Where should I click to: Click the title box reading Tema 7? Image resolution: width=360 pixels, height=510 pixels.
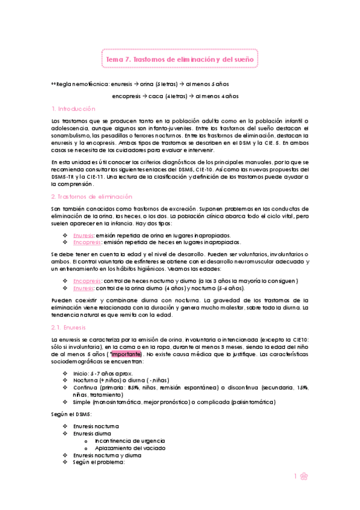point(180,60)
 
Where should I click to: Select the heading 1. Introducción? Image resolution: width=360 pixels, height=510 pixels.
point(74,109)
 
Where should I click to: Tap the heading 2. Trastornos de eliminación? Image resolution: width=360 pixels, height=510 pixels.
point(92,197)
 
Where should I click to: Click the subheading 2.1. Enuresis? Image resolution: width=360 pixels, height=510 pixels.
point(69,327)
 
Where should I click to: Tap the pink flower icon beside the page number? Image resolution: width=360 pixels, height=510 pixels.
point(304,476)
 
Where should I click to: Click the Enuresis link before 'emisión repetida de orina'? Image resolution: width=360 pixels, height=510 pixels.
point(83,235)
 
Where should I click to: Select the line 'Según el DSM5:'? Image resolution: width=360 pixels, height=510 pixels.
point(70,414)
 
